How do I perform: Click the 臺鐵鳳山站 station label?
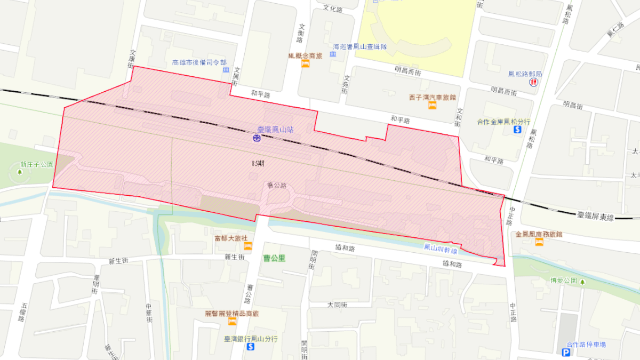tap(276, 130)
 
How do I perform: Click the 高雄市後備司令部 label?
tap(199, 62)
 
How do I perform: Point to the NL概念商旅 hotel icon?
tap(306, 64)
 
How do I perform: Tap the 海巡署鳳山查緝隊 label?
tap(359, 46)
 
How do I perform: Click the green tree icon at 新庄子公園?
tap(20, 172)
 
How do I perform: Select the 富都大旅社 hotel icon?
tap(247, 246)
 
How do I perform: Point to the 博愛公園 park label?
tap(564, 280)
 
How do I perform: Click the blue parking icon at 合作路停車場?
tap(566, 353)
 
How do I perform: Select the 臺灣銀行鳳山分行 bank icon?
tap(251, 347)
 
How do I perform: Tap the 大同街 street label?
tap(337, 305)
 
